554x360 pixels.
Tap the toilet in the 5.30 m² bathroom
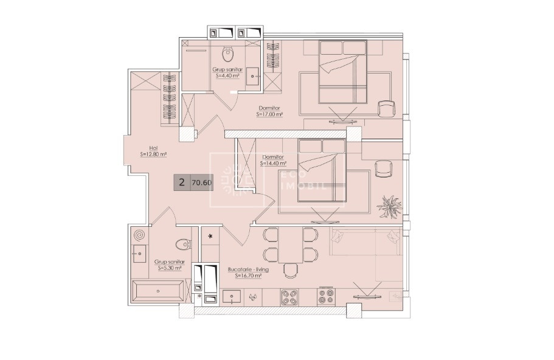point(184,244)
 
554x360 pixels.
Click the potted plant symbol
point(389,206)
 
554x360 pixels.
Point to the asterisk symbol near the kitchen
point(210,237)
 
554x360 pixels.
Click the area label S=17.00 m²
point(270,114)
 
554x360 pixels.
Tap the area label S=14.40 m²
point(273,164)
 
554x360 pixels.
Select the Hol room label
point(153,148)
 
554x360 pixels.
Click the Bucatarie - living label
point(248,269)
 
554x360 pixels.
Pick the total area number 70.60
point(201,182)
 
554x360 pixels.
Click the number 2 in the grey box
point(182,182)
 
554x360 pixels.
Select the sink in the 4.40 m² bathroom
point(253,75)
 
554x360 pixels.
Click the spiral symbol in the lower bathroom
point(139,235)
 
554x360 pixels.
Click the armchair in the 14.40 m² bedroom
point(383,169)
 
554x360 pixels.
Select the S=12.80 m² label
point(153,154)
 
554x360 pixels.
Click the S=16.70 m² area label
point(248,275)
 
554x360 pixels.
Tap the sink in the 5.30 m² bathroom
point(139,254)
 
